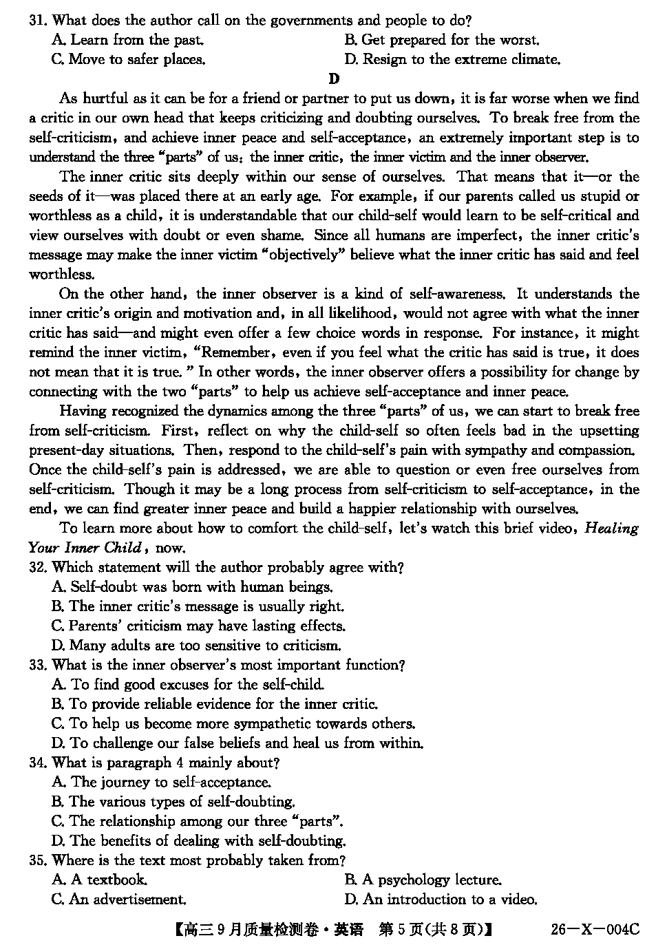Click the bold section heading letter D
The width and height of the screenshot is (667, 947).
[335, 79]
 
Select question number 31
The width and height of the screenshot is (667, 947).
[37, 21]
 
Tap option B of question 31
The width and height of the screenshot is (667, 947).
[441, 40]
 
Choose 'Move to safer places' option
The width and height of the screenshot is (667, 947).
[129, 59]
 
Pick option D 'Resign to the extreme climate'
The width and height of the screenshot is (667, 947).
[452, 59]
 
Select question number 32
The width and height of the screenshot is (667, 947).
[37, 568]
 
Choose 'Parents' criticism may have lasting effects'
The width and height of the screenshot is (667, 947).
[198, 626]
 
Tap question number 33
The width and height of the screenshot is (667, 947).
[37, 666]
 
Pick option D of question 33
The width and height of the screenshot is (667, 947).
[237, 743]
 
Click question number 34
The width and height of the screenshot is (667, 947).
[37, 763]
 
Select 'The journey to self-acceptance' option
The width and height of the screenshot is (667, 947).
[162, 783]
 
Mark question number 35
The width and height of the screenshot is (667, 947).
[37, 861]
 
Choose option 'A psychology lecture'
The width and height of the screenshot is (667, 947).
[423, 880]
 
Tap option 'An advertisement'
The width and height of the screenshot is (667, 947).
[119, 900]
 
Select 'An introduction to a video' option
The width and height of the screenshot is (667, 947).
[441, 900]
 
